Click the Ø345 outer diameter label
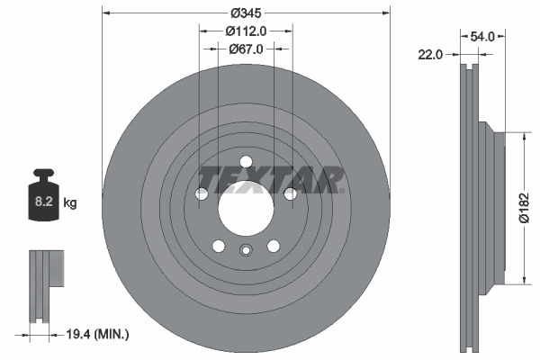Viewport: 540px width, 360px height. point(246,13)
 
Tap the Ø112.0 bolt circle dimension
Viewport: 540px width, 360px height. point(246,31)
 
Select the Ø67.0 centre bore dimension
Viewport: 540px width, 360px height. point(246,49)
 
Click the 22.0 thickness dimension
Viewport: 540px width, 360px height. point(431,54)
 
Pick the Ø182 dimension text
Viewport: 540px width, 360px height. point(526,208)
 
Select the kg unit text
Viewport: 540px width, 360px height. point(70,203)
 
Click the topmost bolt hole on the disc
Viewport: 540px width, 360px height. point(246,162)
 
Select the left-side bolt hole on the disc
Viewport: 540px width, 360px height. point(202,193)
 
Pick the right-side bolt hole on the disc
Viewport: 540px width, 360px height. point(290,193)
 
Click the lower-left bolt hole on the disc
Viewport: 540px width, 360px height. point(219,245)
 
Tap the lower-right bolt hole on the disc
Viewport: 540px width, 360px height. point(273,245)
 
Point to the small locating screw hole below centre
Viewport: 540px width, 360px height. point(246,251)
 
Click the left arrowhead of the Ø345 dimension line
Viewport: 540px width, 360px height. point(106,13)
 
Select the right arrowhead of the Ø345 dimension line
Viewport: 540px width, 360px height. point(386,13)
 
